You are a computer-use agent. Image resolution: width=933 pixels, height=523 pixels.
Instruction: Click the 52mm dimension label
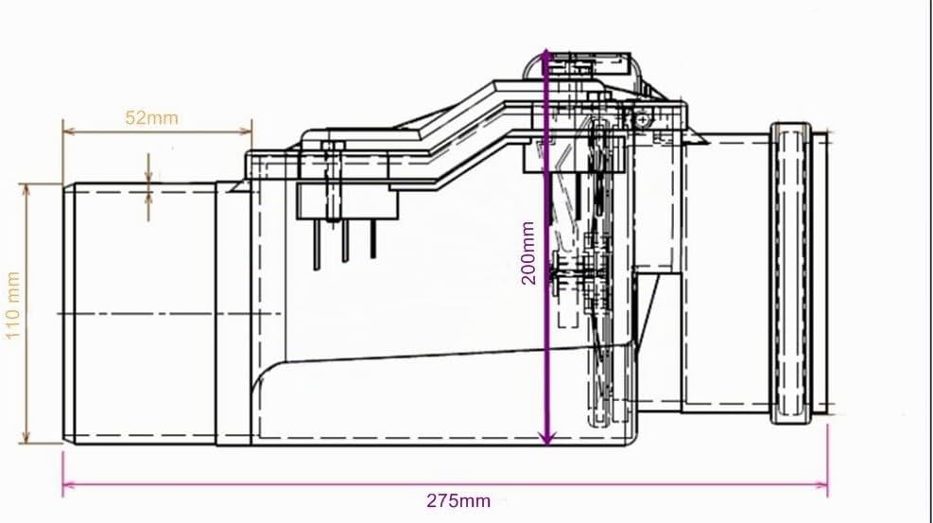tap(152, 117)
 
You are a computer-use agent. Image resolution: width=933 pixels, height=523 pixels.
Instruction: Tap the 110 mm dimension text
tap(13, 305)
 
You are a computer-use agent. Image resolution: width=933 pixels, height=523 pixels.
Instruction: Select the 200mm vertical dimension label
tap(528, 253)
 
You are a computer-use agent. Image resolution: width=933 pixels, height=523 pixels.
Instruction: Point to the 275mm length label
tap(458, 500)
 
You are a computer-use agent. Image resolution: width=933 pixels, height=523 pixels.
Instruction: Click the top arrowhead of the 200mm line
tap(546, 57)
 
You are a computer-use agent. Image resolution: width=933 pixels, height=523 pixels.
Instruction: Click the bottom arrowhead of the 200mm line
tap(546, 438)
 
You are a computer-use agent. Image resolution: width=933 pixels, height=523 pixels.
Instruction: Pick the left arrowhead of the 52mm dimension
tap(68, 131)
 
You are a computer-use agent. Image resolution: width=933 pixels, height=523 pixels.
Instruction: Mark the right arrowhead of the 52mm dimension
tap(246, 131)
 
